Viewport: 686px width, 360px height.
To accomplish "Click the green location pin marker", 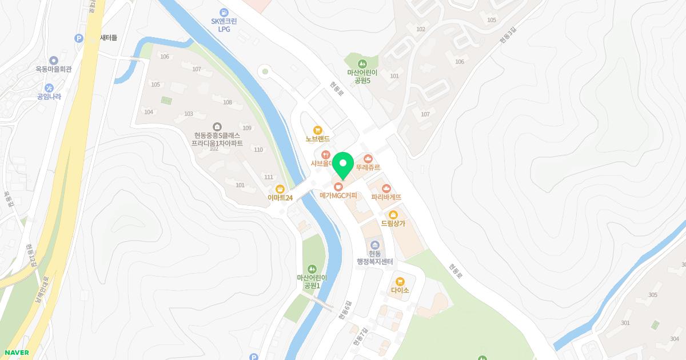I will click(343, 165).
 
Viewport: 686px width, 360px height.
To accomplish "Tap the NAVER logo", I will click(17, 353).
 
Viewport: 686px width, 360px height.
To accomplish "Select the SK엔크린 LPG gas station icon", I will click(224, 12).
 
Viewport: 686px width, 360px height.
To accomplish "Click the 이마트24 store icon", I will click(280, 189).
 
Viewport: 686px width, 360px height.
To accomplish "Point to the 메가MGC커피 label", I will click(338, 195).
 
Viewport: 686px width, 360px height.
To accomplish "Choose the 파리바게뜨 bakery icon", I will click(386, 188).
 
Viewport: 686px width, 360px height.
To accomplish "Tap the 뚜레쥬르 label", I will click(368, 167).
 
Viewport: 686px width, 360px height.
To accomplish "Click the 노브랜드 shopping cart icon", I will click(318, 130).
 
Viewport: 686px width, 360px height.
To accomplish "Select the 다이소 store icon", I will click(400, 281).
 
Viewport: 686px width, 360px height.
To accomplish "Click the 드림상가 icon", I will click(393, 215).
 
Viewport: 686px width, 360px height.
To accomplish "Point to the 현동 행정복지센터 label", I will click(375, 258).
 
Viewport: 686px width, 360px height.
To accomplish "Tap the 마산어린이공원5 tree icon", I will click(362, 63).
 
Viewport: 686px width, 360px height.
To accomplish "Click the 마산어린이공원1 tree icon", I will click(312, 268).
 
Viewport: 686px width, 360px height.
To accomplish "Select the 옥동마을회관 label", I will click(53, 69).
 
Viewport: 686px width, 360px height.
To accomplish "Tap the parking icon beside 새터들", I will click(79, 38).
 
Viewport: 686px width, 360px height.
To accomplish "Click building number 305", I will click(652, 295).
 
